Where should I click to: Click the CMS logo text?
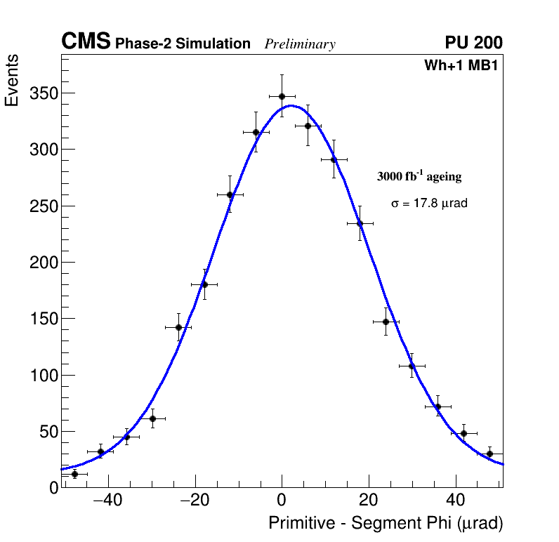pos(86,42)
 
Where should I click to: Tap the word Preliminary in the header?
pos(300,44)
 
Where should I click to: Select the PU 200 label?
pos(473,43)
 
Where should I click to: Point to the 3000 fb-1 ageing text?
pos(419,176)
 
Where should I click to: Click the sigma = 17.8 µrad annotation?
pos(429,204)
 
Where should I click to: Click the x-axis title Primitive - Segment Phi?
pos(386,523)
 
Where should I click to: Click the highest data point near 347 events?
pos(282,96)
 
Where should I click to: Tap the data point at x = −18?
pos(204,284)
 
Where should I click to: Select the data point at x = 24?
pos(386,322)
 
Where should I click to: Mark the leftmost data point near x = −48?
pos(74,474)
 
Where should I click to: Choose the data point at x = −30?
pos(152,418)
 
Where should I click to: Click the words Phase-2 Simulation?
pos(183,44)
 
